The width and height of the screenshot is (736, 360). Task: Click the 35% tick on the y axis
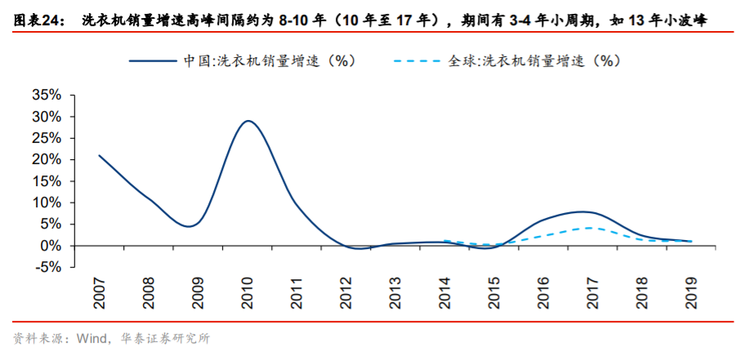click(46, 96)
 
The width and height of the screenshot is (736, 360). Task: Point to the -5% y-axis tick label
click(47, 267)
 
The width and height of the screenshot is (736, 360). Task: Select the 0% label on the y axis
click(51, 246)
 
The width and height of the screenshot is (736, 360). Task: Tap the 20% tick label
click(46, 160)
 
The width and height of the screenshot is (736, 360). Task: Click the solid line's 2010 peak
click(248, 121)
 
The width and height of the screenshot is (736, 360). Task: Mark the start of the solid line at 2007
click(99, 155)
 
